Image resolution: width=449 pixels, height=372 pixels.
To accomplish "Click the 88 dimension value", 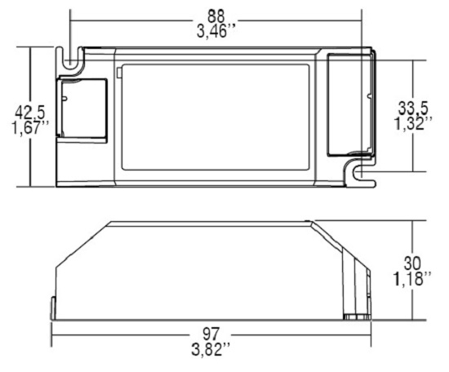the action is pos(216,16).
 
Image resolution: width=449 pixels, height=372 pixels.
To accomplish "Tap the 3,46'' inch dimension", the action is pos(216,31).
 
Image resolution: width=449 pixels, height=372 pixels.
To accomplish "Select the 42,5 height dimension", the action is pos(30,112).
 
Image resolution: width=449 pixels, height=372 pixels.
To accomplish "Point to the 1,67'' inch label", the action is pos(30,127).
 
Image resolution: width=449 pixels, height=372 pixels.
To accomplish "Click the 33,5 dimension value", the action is pos(413,109).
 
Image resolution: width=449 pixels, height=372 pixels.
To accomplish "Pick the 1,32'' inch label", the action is pos(413,124).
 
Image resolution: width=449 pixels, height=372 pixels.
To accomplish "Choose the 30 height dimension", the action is pos(412,263).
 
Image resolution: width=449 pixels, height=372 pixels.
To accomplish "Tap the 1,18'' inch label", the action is pos(412,278).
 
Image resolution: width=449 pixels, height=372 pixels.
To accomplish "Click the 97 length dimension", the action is pos(211,334).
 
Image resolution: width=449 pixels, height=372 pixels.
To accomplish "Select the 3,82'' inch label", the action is pos(211,349).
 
